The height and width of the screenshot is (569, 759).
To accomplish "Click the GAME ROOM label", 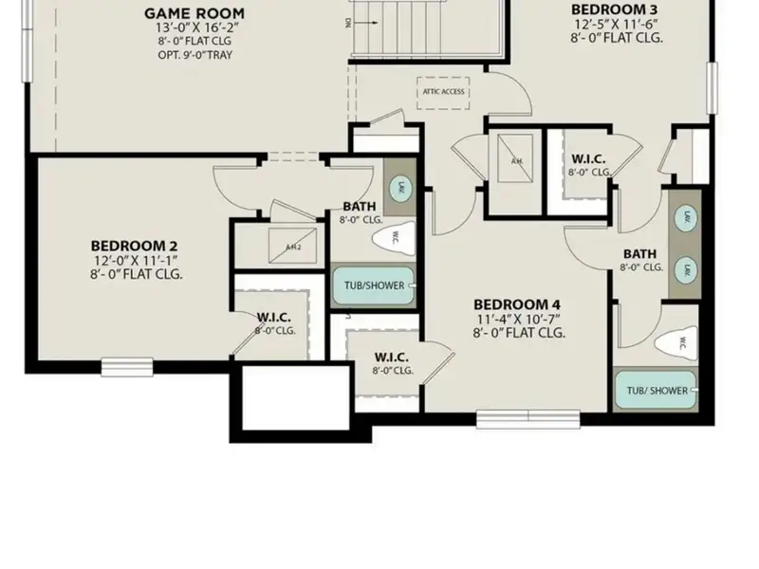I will [194, 13].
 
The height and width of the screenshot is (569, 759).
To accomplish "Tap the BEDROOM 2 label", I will [135, 247].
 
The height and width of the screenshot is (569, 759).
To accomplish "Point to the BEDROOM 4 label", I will [518, 304].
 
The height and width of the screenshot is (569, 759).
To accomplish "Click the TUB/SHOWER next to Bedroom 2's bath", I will [372, 285].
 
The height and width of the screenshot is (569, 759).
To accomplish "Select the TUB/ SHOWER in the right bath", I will [655, 391].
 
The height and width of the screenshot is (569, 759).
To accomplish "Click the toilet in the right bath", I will [680, 342].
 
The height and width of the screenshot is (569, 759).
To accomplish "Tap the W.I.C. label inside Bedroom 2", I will [274, 318].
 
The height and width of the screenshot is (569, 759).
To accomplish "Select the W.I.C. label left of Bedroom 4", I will [391, 358].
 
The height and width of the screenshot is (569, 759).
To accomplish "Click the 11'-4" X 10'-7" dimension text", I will [518, 319].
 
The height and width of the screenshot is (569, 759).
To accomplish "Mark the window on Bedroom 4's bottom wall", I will [514, 417].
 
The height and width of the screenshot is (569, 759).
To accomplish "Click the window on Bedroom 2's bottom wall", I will [127, 365].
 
